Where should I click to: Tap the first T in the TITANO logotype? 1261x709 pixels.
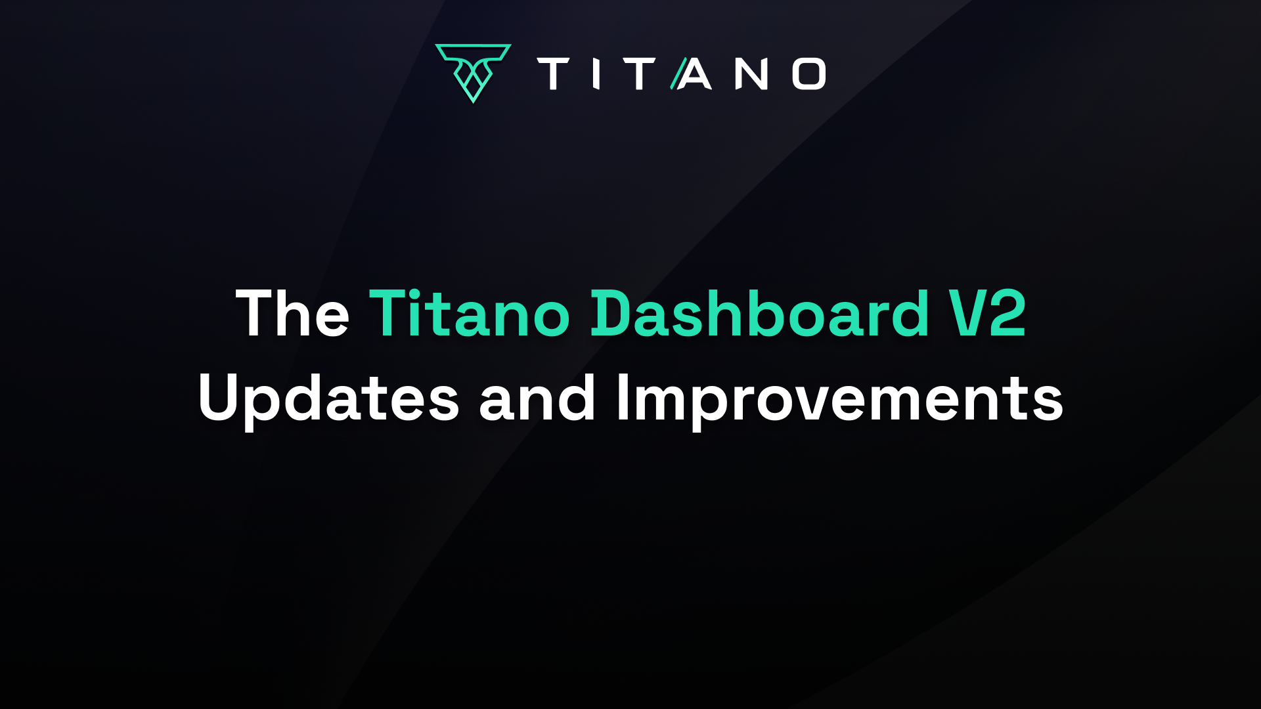click(x=553, y=74)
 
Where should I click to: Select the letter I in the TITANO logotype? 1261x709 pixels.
click(x=596, y=74)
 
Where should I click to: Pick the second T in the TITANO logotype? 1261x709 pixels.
click(x=640, y=74)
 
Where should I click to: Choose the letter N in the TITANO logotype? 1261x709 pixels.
click(x=752, y=74)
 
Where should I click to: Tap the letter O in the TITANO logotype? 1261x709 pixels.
click(x=809, y=74)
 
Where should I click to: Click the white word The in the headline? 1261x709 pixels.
click(x=292, y=313)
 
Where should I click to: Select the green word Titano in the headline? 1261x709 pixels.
click(x=470, y=313)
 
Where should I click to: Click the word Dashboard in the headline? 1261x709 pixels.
click(x=760, y=313)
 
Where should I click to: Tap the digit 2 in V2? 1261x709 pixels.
click(x=1007, y=313)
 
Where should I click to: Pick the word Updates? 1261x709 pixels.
click(x=328, y=399)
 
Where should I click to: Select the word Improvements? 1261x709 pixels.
click(x=839, y=399)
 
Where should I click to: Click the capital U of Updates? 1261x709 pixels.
click(x=220, y=397)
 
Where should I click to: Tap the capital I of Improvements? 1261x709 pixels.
click(x=621, y=397)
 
